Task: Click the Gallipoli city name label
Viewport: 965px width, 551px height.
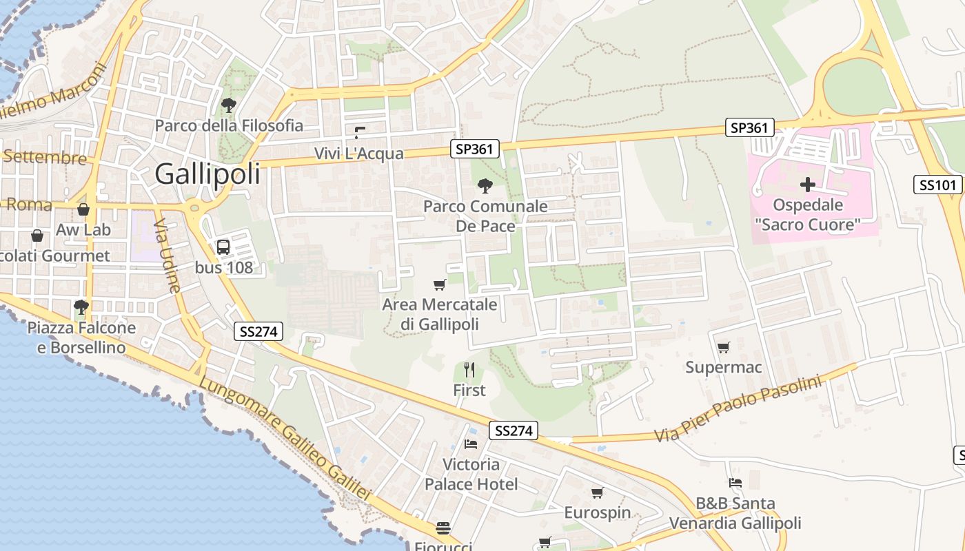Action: point(207,174)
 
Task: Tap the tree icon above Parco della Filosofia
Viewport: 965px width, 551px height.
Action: point(229,105)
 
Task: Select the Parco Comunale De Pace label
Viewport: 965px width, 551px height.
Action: point(485,216)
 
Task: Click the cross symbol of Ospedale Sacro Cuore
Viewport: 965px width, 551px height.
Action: point(807,185)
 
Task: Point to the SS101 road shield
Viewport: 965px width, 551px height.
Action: point(937,185)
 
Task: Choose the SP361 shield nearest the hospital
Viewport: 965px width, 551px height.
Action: point(749,127)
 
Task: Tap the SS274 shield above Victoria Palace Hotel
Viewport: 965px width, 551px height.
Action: point(514,430)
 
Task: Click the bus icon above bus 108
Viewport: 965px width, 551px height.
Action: point(223,247)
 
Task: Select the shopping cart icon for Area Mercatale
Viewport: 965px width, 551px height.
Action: point(439,284)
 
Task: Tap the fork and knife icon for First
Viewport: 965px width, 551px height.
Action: point(469,371)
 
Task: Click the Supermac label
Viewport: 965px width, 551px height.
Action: point(723,367)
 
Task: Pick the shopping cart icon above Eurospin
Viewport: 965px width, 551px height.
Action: point(597,492)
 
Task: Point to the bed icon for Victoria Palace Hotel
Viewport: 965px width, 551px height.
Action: point(471,444)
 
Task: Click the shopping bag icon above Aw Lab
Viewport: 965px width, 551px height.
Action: point(83,209)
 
